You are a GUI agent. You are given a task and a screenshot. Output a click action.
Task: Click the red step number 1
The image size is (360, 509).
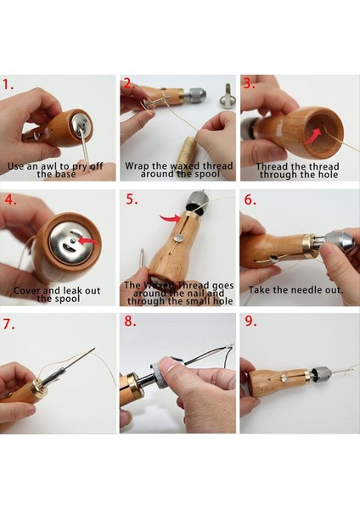click(x=8, y=84)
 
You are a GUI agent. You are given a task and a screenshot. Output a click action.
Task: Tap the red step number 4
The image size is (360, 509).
click(x=10, y=199)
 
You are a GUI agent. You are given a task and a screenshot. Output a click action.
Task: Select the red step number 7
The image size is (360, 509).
click(x=8, y=324)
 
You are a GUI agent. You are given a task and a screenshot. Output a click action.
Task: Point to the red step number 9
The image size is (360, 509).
click(x=250, y=321)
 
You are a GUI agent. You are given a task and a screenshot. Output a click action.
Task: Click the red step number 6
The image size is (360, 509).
click(x=250, y=199)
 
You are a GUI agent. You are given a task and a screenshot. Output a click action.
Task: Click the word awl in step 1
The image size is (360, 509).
click(x=48, y=166)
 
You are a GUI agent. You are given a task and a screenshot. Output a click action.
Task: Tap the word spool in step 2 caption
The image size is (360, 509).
click(x=208, y=174)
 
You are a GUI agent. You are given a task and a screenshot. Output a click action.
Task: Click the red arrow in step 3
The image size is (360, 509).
click(x=312, y=136)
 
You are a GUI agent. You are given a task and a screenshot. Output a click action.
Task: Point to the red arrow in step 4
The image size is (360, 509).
click(x=89, y=242)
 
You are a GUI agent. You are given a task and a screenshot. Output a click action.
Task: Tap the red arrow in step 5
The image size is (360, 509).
click(x=170, y=219)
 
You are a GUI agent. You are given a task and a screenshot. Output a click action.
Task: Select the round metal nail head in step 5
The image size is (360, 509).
click(x=178, y=238)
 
